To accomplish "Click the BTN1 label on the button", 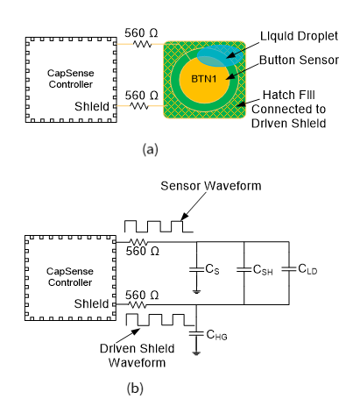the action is [x=204, y=79].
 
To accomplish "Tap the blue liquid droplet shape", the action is [x=220, y=55].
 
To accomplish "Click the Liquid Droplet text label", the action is [x=299, y=36].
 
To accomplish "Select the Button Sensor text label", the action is [x=299, y=60].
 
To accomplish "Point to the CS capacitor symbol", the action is [x=196, y=269].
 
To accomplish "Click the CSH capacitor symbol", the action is [x=244, y=269].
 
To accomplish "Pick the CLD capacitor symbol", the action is [x=289, y=269].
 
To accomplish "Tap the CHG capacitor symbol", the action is [x=196, y=333].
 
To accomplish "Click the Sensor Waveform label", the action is [x=211, y=186].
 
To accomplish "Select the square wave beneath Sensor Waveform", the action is [x=159, y=226].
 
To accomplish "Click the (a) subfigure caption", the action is [x=151, y=149].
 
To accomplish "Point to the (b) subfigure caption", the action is [x=135, y=388].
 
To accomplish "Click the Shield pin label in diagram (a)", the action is [x=92, y=106].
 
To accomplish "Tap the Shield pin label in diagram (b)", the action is [x=91, y=303].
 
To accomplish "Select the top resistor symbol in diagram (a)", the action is [x=143, y=44].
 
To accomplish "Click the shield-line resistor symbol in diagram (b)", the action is [x=138, y=305].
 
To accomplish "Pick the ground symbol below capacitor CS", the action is [x=196, y=291].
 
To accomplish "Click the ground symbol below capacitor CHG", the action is [x=196, y=353].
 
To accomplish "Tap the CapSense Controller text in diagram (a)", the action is [x=71, y=79].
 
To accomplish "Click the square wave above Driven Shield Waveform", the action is [x=160, y=320].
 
